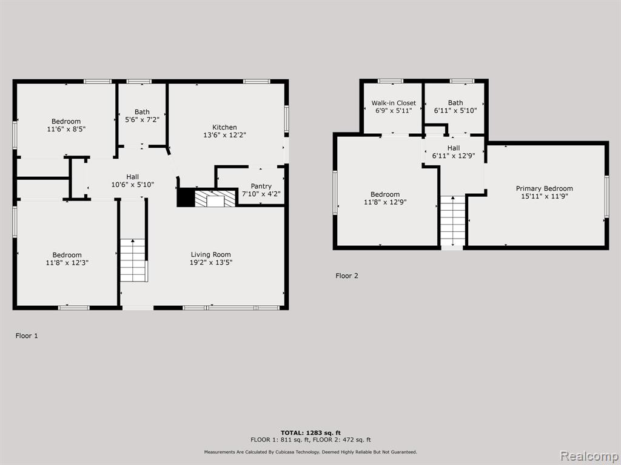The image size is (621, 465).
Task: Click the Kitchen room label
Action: (224, 127)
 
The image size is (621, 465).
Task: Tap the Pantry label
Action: (261, 186)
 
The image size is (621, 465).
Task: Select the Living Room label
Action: (210, 255)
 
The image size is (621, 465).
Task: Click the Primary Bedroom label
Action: (544, 189)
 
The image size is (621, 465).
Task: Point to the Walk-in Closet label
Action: (394, 103)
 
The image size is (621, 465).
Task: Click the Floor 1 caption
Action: (27, 335)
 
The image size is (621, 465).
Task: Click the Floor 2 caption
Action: (346, 275)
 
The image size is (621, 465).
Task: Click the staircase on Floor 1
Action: (133, 260)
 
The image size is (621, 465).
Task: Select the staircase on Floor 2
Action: (452, 221)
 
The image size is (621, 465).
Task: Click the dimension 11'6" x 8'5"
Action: (66, 129)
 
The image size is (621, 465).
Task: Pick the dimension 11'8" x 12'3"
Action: (67, 263)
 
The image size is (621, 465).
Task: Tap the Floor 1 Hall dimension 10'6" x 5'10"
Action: (132, 184)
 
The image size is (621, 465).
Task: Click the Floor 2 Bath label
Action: (455, 103)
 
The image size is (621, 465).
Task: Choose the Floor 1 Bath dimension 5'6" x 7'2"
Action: (142, 119)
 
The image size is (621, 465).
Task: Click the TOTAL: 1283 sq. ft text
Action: (310, 433)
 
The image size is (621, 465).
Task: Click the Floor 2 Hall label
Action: (454, 148)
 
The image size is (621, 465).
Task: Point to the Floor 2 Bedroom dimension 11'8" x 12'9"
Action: (385, 202)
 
